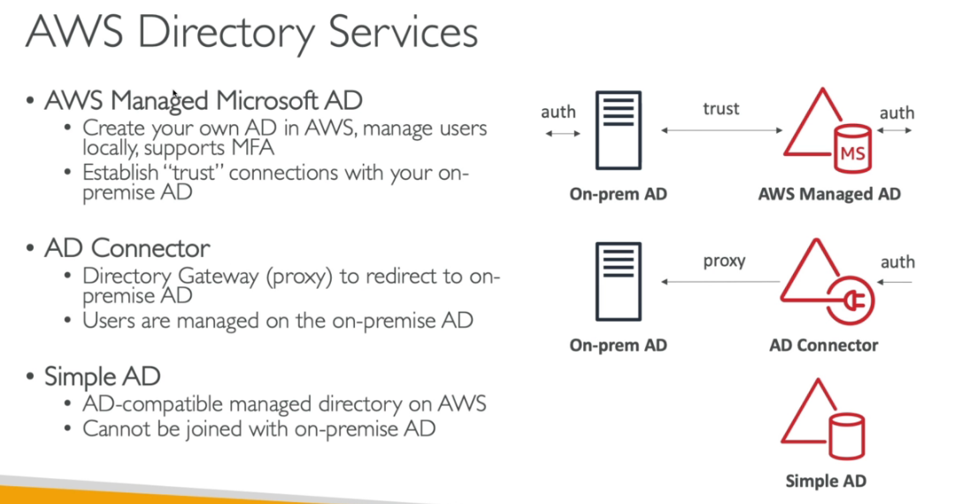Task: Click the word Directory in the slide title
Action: [227, 33]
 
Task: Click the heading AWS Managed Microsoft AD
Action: [204, 100]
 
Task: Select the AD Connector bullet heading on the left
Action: [127, 247]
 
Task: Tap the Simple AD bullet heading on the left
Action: [103, 376]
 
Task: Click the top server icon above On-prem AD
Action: [619, 130]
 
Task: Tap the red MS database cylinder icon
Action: [853, 150]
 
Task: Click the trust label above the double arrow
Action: [720, 108]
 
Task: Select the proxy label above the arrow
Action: [724, 260]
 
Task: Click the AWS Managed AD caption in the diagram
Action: [828, 194]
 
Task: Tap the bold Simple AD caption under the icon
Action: [826, 481]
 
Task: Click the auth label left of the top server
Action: [558, 112]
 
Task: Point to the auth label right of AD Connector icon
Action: [896, 262]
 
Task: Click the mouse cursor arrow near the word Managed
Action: [175, 94]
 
